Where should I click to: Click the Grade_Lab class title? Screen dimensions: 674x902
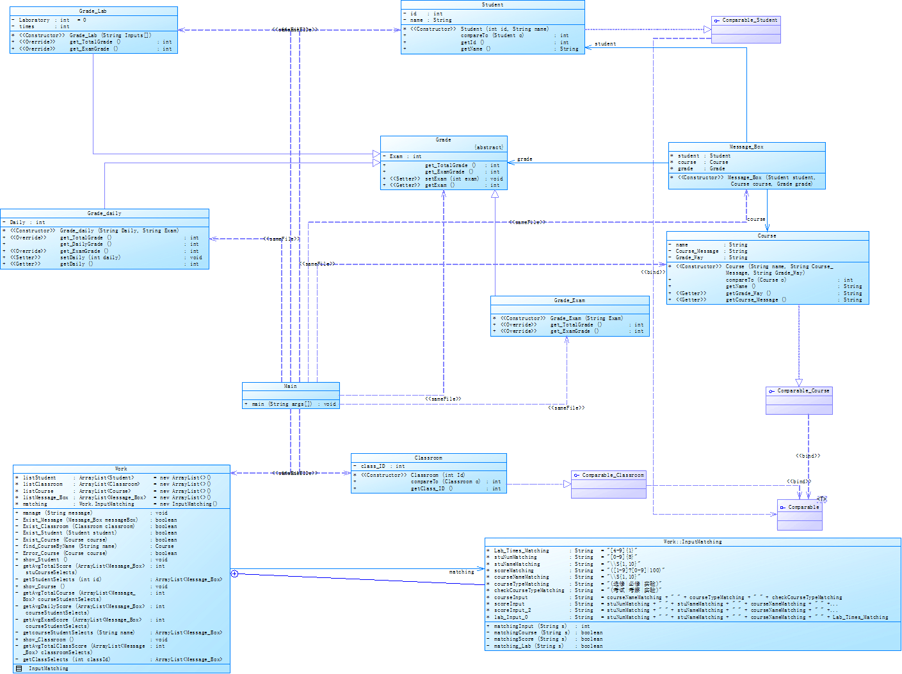coord(93,11)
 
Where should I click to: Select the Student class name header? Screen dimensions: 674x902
coord(492,4)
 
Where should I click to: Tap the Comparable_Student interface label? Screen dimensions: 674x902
coord(750,20)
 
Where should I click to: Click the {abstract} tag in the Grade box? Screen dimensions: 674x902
coord(488,147)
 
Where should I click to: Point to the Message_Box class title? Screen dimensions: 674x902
coord(746,147)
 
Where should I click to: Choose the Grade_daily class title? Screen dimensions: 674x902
coord(104,213)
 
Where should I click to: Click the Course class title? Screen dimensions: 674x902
coord(767,236)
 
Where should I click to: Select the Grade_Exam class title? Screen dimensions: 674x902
coord(569,300)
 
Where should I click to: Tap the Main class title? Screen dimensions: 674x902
coord(291,386)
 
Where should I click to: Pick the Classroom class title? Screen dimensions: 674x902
coord(428,458)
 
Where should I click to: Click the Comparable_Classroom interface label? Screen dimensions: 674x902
coord(613,475)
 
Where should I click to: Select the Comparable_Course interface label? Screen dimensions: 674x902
coord(803,390)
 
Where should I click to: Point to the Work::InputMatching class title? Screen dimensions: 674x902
coord(692,542)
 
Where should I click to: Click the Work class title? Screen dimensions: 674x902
coord(121,469)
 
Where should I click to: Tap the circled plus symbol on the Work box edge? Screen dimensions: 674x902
coord(234,574)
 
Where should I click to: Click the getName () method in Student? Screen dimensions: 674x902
coord(476,49)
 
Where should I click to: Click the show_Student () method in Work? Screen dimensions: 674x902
coord(45,559)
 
